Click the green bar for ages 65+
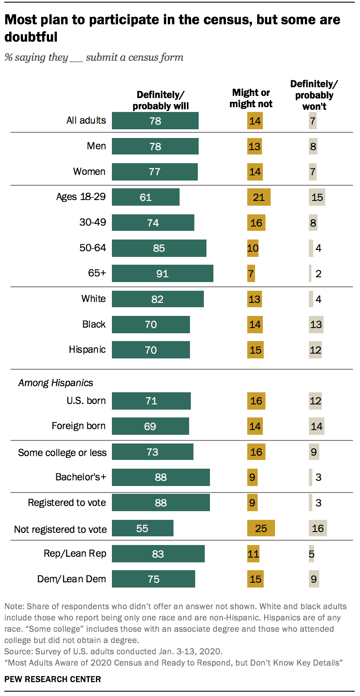click(162, 273)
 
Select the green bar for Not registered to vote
click(142, 528)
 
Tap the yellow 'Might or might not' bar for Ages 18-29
click(259, 197)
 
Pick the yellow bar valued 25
click(261, 528)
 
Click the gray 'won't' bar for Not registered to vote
click(317, 528)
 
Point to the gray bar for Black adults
click(316, 324)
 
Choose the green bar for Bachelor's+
click(160, 477)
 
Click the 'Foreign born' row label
click(79, 426)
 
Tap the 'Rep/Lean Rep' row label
click(75, 553)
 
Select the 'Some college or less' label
click(62, 453)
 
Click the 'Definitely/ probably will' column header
click(160, 100)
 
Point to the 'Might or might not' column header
click(251, 98)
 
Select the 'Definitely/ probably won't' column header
click(314, 95)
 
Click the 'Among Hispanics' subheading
click(56, 383)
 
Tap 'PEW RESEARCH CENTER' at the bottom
click(52, 679)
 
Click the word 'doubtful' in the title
click(31, 37)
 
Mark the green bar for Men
click(155, 146)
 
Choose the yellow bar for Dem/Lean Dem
click(255, 579)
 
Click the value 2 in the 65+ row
click(318, 274)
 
